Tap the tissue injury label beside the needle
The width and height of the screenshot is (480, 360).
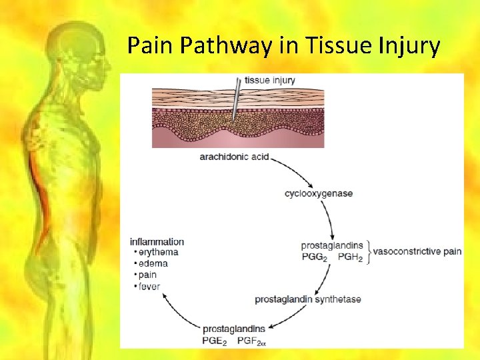269,81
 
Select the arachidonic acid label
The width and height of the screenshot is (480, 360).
234,157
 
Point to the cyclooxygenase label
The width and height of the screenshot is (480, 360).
319,193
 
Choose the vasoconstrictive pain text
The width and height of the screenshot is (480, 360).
417,251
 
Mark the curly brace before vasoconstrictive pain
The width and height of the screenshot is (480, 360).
368,252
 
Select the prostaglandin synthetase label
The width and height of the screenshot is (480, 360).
307,299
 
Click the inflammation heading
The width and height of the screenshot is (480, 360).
157,241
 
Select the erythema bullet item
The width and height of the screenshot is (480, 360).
157,252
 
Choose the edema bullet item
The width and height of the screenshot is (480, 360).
153,263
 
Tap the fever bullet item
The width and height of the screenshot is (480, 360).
149,286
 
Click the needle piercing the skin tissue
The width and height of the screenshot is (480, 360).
236,100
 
